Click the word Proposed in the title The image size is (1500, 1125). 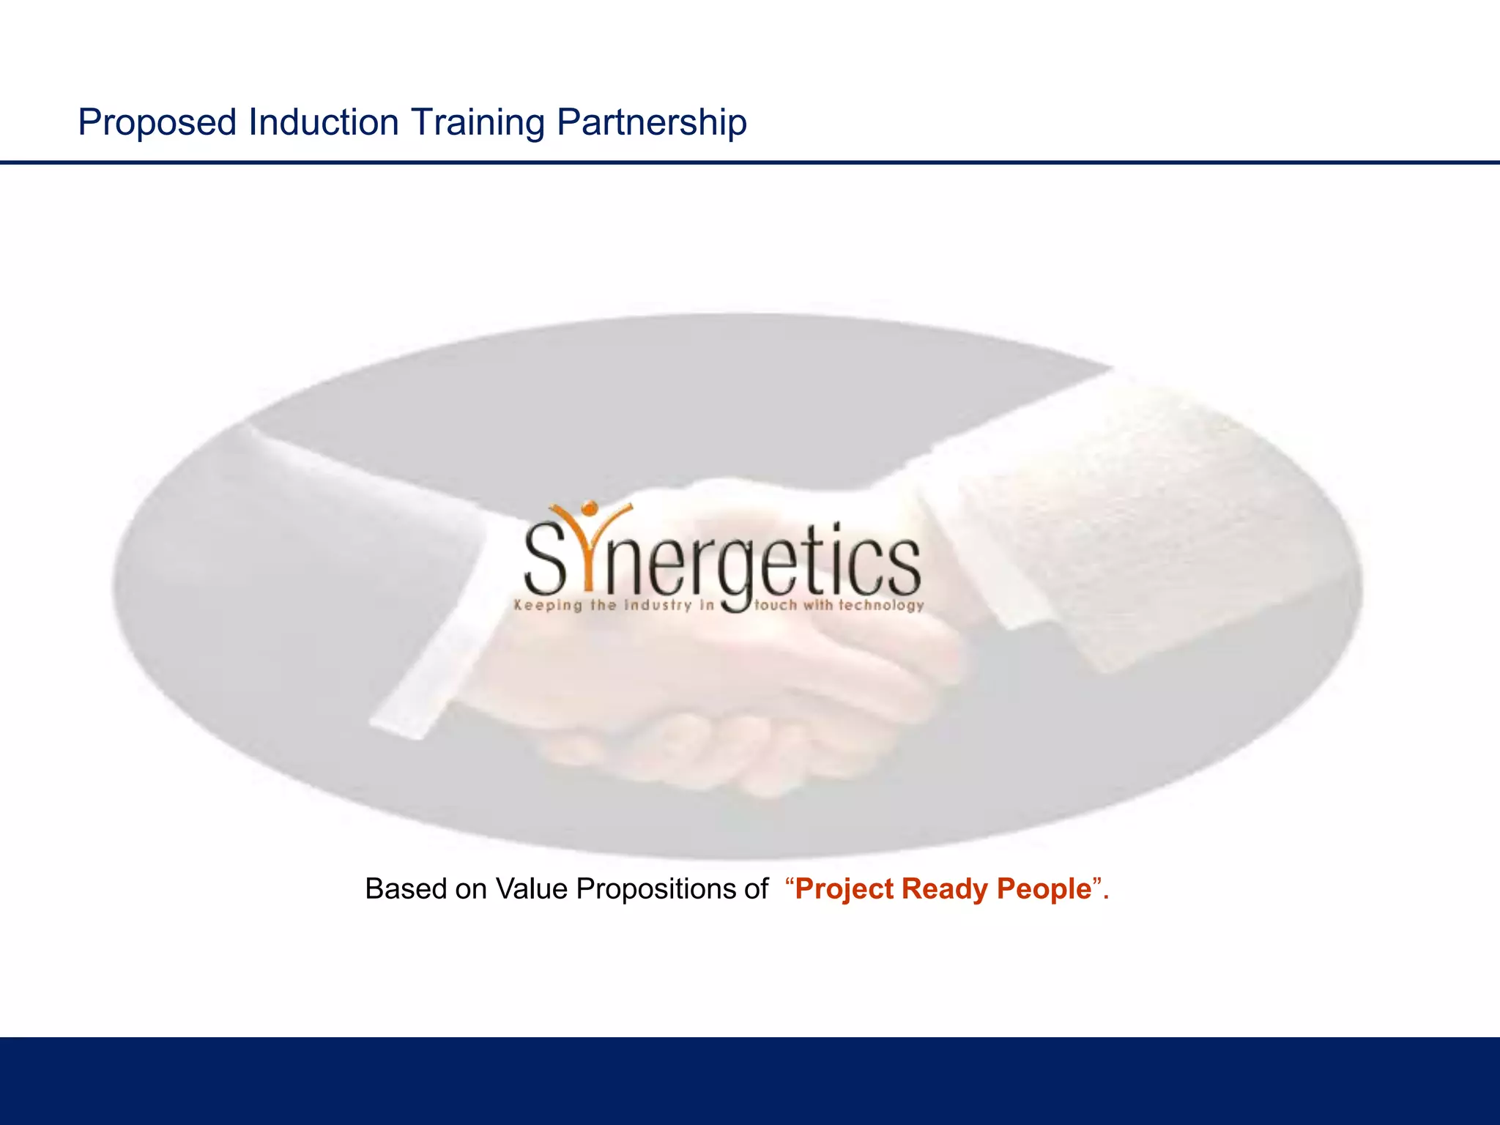[157, 122]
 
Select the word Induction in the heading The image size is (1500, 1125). [323, 122]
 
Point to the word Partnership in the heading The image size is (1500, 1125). [651, 122]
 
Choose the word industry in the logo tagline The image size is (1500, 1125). [657, 606]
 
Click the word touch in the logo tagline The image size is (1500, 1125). [776, 606]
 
